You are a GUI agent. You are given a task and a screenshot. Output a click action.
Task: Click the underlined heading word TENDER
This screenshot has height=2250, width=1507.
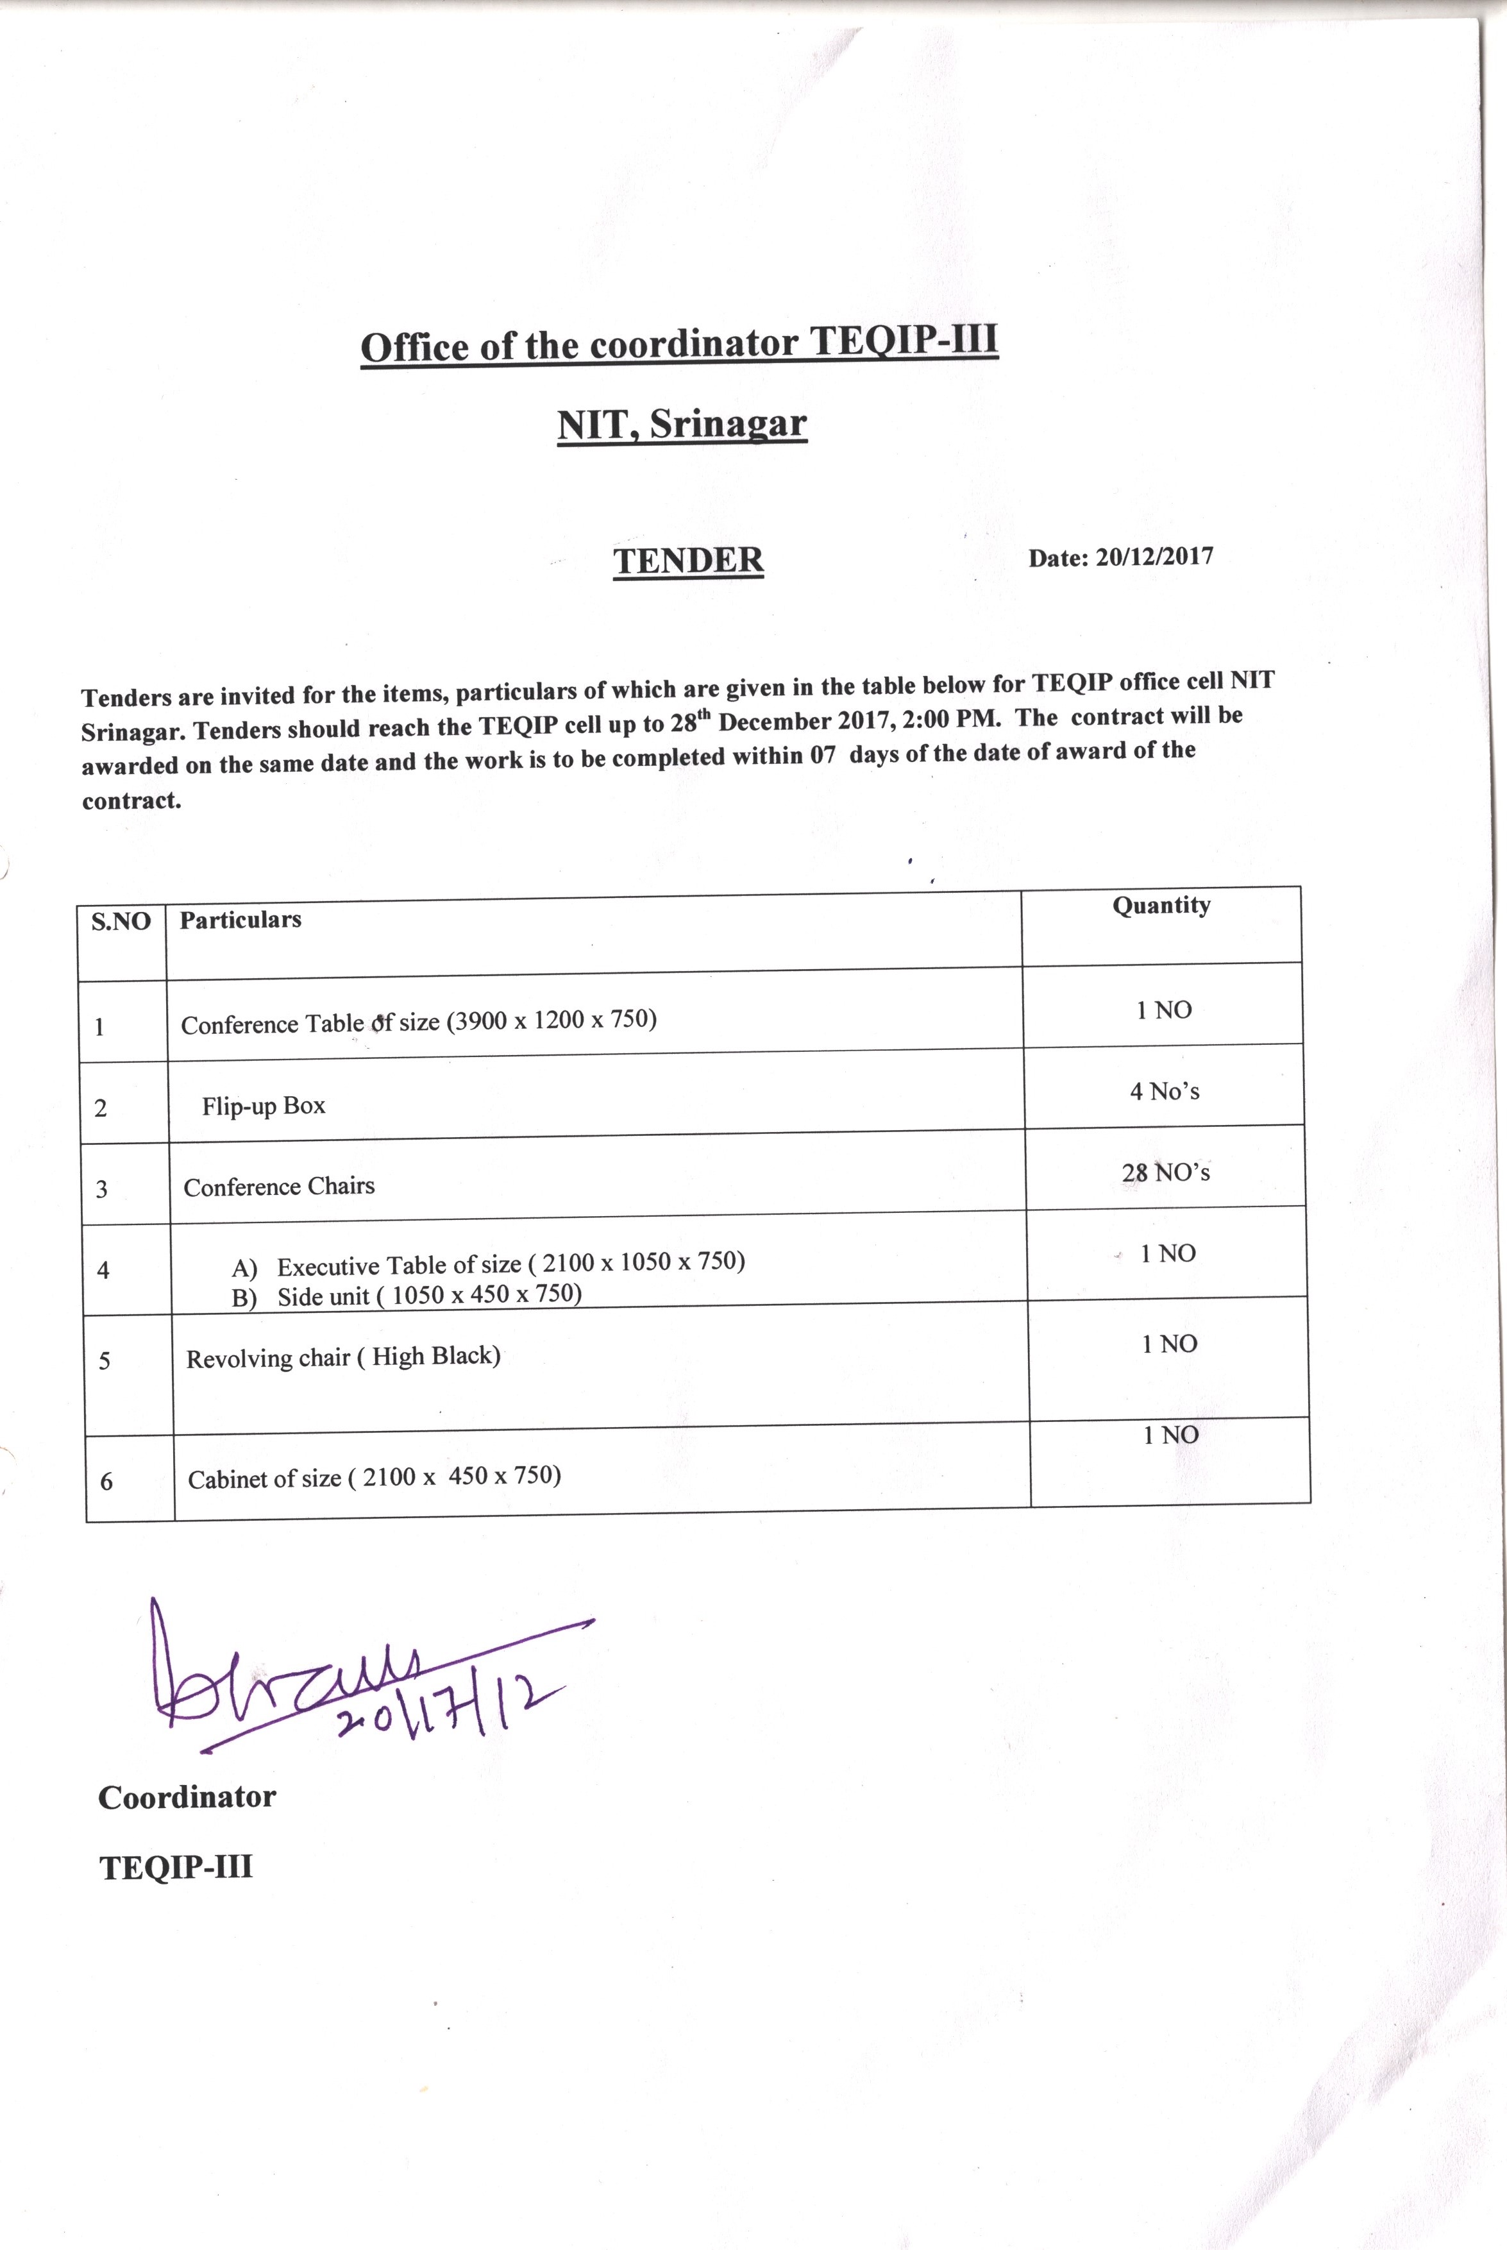pyautogui.click(x=688, y=561)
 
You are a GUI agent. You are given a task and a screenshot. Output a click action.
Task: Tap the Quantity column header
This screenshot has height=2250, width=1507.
pyautogui.click(x=1161, y=906)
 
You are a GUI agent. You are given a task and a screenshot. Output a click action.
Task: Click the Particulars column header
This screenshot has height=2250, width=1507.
pyautogui.click(x=240, y=920)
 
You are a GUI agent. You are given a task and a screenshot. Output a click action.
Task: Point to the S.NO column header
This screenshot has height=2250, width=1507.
pyautogui.click(x=121, y=922)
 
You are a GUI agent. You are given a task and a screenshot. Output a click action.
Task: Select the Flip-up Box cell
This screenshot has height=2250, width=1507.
pyautogui.click(x=264, y=1106)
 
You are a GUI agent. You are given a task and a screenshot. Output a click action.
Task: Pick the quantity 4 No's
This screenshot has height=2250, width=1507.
pyautogui.click(x=1165, y=1092)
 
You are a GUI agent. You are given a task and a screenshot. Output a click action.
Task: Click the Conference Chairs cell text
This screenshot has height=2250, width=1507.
pyautogui.click(x=279, y=1187)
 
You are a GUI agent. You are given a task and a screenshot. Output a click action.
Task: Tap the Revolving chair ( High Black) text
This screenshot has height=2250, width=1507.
pyautogui.click(x=343, y=1357)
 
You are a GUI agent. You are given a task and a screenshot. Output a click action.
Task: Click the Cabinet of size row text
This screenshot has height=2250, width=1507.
pyautogui.click(x=374, y=1477)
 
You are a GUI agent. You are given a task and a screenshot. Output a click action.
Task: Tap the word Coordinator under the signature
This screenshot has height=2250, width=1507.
pyautogui.click(x=187, y=1797)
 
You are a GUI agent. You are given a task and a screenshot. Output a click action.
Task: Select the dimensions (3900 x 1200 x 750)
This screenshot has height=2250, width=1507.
pyautogui.click(x=551, y=1020)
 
